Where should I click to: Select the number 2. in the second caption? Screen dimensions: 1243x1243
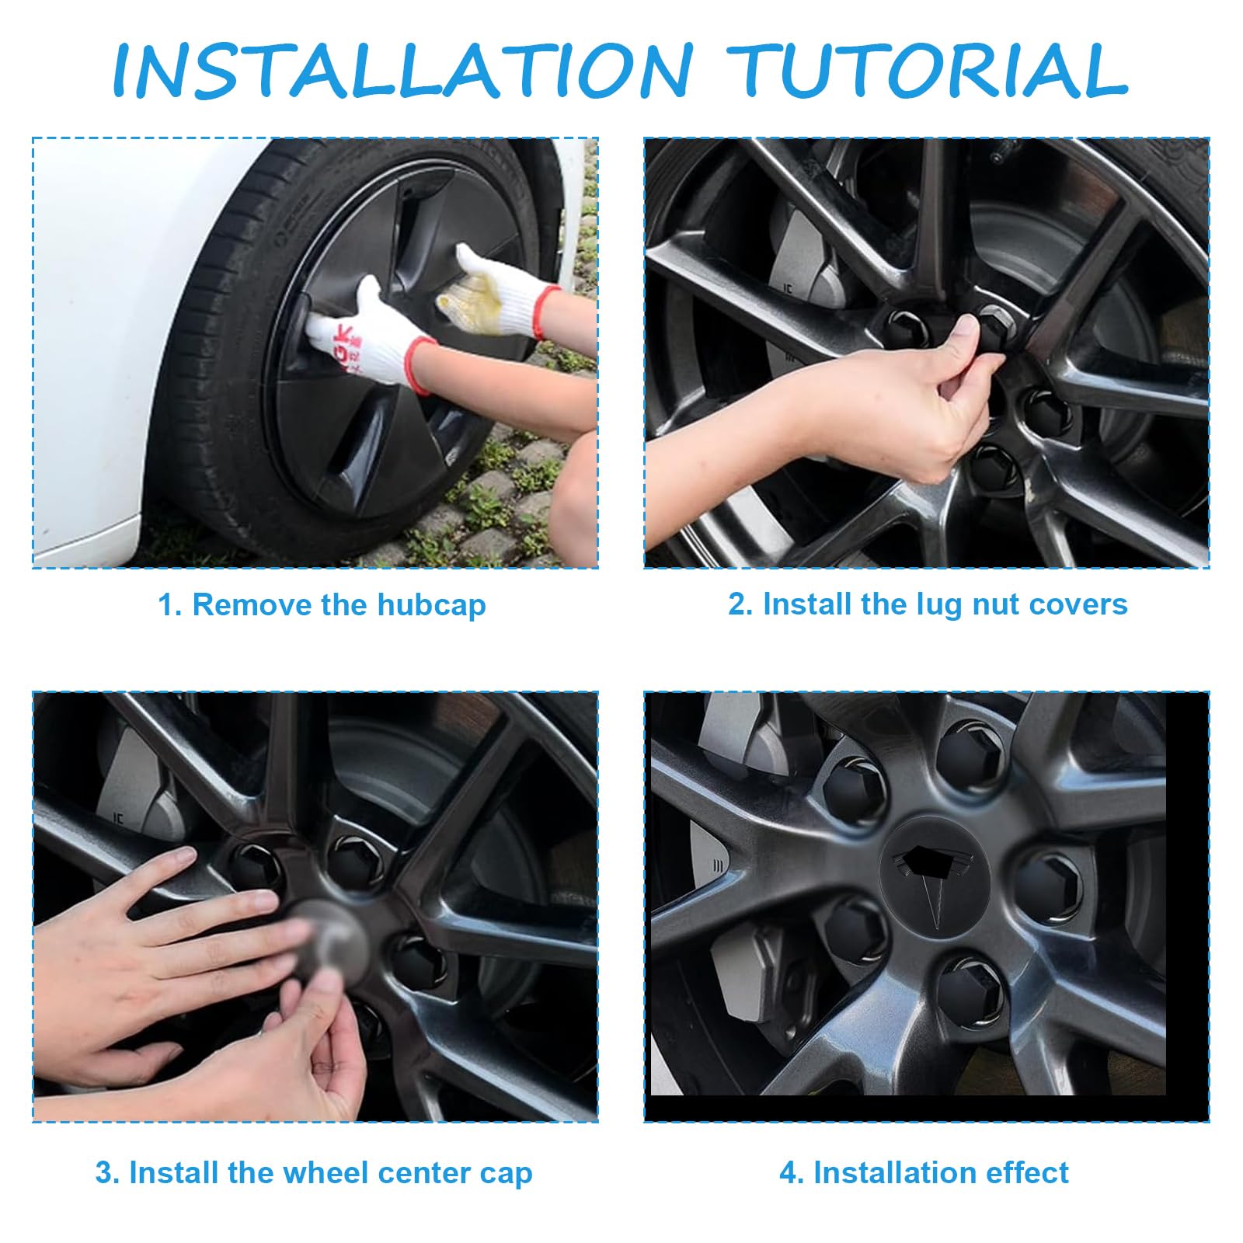pos(741,604)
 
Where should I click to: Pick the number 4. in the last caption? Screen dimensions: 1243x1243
pos(792,1173)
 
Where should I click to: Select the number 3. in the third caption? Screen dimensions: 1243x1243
pos(108,1173)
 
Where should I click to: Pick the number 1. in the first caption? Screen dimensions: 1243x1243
pos(170,605)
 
